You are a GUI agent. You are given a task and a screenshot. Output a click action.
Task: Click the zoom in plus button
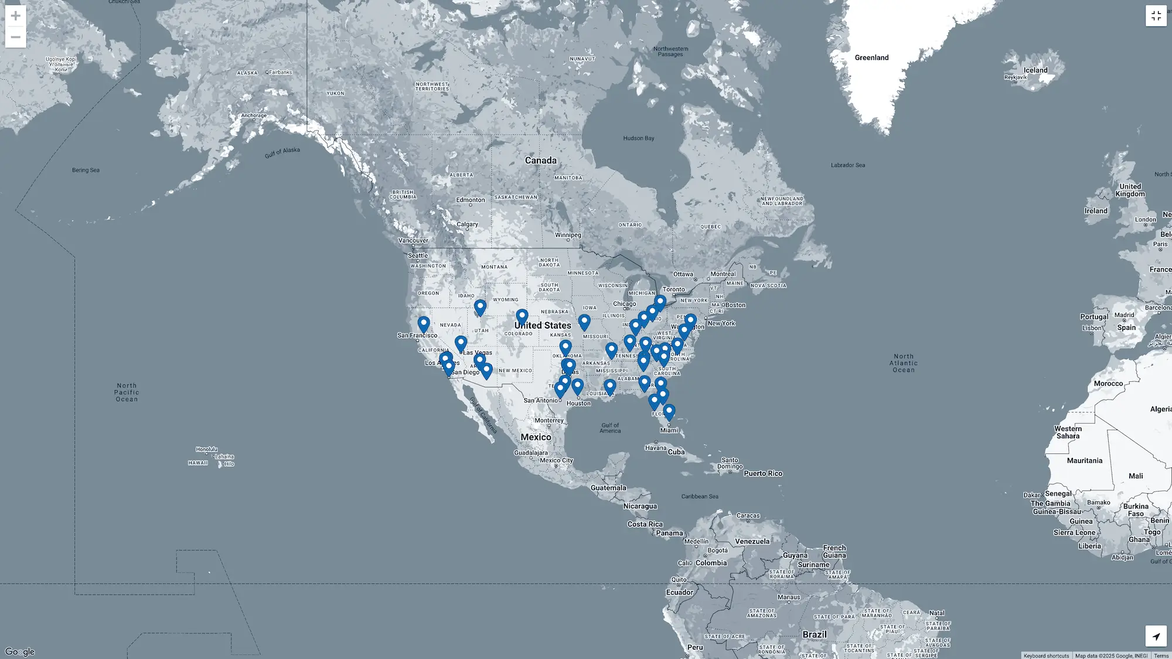point(16,16)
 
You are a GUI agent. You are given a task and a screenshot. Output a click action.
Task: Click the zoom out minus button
point(16,37)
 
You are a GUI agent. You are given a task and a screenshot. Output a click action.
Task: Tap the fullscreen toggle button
point(1156,16)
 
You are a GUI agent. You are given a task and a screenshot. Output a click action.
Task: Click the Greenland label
point(871,57)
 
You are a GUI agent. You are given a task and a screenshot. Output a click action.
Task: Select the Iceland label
point(1035,70)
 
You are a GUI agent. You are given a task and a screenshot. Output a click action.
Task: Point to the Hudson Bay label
point(638,138)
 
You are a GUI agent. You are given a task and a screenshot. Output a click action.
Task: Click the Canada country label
point(540,161)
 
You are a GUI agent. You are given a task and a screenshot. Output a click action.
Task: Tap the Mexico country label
point(536,437)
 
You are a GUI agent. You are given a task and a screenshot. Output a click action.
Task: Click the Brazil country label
point(814,634)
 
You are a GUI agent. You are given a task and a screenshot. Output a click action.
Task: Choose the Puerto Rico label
point(763,473)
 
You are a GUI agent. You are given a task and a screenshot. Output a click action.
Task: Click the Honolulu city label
point(206,449)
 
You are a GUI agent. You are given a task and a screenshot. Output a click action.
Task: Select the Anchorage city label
point(254,115)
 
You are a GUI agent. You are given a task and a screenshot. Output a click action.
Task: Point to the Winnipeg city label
point(568,235)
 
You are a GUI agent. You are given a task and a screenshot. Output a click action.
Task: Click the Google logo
point(20,652)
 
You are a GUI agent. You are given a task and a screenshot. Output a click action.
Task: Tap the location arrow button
point(1156,636)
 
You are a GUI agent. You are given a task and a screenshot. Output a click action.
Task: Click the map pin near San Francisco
point(424,324)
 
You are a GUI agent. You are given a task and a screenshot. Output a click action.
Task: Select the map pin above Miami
point(669,412)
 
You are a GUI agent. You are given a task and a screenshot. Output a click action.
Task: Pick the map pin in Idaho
point(480,307)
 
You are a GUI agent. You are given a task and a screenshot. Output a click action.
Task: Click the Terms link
point(1161,655)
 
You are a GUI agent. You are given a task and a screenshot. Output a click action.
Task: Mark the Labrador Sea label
point(847,165)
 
